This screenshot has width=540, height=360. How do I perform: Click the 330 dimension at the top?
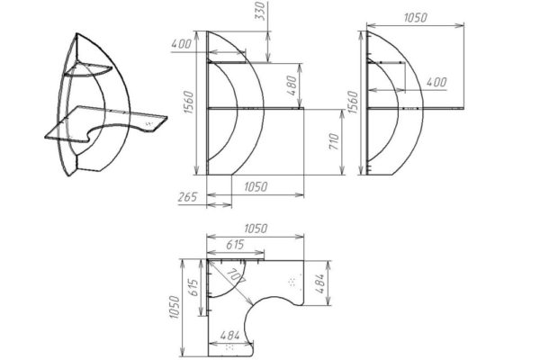pyautogui.click(x=261, y=11)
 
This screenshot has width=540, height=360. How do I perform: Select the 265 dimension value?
pyautogui.click(x=187, y=197)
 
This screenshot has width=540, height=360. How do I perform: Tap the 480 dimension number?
pyautogui.click(x=292, y=85)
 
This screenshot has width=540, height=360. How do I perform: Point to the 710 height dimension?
pyautogui.click(x=334, y=141)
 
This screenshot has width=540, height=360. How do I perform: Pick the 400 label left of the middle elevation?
pyautogui.click(x=181, y=44)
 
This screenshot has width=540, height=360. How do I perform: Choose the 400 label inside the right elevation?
pyautogui.click(x=436, y=82)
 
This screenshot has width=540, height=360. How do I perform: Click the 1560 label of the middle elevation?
pyautogui.click(x=189, y=103)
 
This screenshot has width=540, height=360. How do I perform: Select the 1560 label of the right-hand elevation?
pyautogui.click(x=353, y=103)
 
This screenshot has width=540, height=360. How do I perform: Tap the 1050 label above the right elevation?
pyautogui.click(x=415, y=18)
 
